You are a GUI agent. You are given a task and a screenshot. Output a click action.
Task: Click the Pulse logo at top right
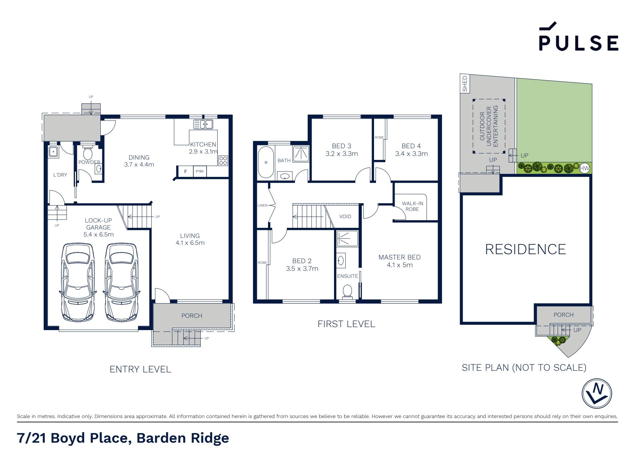click(579, 36)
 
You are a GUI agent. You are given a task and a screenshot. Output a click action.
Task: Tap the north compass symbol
click(597, 393)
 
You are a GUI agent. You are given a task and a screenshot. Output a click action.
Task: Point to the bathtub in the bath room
click(266, 162)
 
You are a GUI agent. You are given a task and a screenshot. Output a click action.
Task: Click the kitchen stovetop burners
click(223, 161)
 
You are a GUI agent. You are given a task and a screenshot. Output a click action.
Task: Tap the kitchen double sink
click(203, 124)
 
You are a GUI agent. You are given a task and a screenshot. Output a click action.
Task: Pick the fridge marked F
click(186, 172)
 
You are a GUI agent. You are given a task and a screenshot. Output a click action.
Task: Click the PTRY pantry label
click(200, 172)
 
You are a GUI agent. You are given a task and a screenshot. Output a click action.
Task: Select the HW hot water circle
click(585, 169)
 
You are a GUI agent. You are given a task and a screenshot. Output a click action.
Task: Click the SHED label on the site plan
click(465, 84)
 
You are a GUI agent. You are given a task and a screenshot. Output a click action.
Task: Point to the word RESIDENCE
click(525, 249)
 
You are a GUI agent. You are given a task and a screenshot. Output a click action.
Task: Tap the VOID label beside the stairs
click(345, 217)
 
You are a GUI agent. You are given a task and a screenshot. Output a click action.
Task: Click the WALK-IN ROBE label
click(412, 206)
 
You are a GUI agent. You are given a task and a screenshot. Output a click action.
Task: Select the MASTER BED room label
click(399, 257)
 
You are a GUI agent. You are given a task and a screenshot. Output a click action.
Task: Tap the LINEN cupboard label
click(262, 206)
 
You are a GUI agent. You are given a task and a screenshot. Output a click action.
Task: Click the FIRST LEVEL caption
click(346, 324)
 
